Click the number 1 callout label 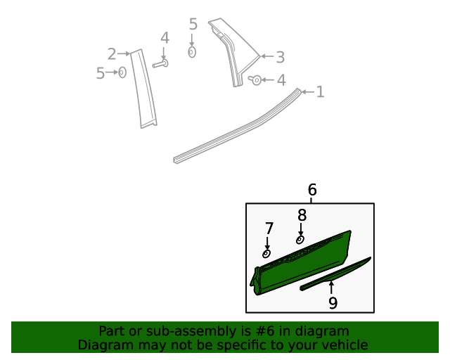(320, 91)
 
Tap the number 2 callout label (112, 53)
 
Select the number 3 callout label (279, 57)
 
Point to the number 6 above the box (312, 190)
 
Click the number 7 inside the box (269, 228)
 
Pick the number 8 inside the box (302, 215)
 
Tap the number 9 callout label (333, 302)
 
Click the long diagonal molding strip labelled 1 (239, 127)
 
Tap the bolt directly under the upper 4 (160, 64)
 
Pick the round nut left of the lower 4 (257, 80)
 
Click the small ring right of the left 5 (122, 72)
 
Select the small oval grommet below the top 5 (192, 52)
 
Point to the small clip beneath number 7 (266, 253)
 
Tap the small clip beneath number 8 (300, 240)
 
